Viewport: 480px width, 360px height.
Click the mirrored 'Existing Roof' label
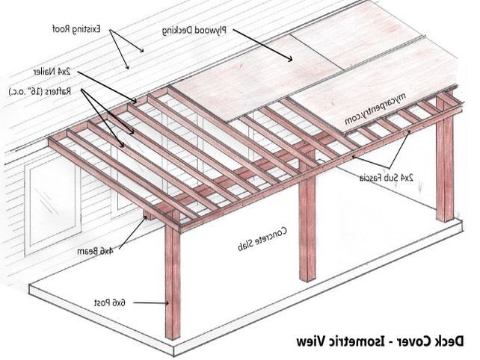(x=76, y=29)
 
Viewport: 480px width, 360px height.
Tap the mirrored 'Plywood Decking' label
(x=194, y=31)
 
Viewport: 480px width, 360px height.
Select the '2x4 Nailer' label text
(x=52, y=72)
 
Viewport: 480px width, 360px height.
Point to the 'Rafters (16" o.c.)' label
(x=40, y=91)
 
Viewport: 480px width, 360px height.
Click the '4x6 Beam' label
(x=95, y=252)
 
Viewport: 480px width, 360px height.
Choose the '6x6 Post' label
(x=110, y=303)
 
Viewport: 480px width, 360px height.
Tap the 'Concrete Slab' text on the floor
(x=262, y=238)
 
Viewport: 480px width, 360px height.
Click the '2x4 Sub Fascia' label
(x=387, y=178)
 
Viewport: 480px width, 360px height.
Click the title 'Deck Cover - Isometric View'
(x=380, y=341)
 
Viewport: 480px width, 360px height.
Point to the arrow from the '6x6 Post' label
(x=151, y=303)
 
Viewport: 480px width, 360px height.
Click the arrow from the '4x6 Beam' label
(x=132, y=232)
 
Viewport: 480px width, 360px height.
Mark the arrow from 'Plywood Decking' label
(x=262, y=46)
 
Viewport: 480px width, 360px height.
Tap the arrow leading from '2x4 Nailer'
(x=107, y=87)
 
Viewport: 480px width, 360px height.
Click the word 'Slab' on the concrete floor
(x=247, y=244)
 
